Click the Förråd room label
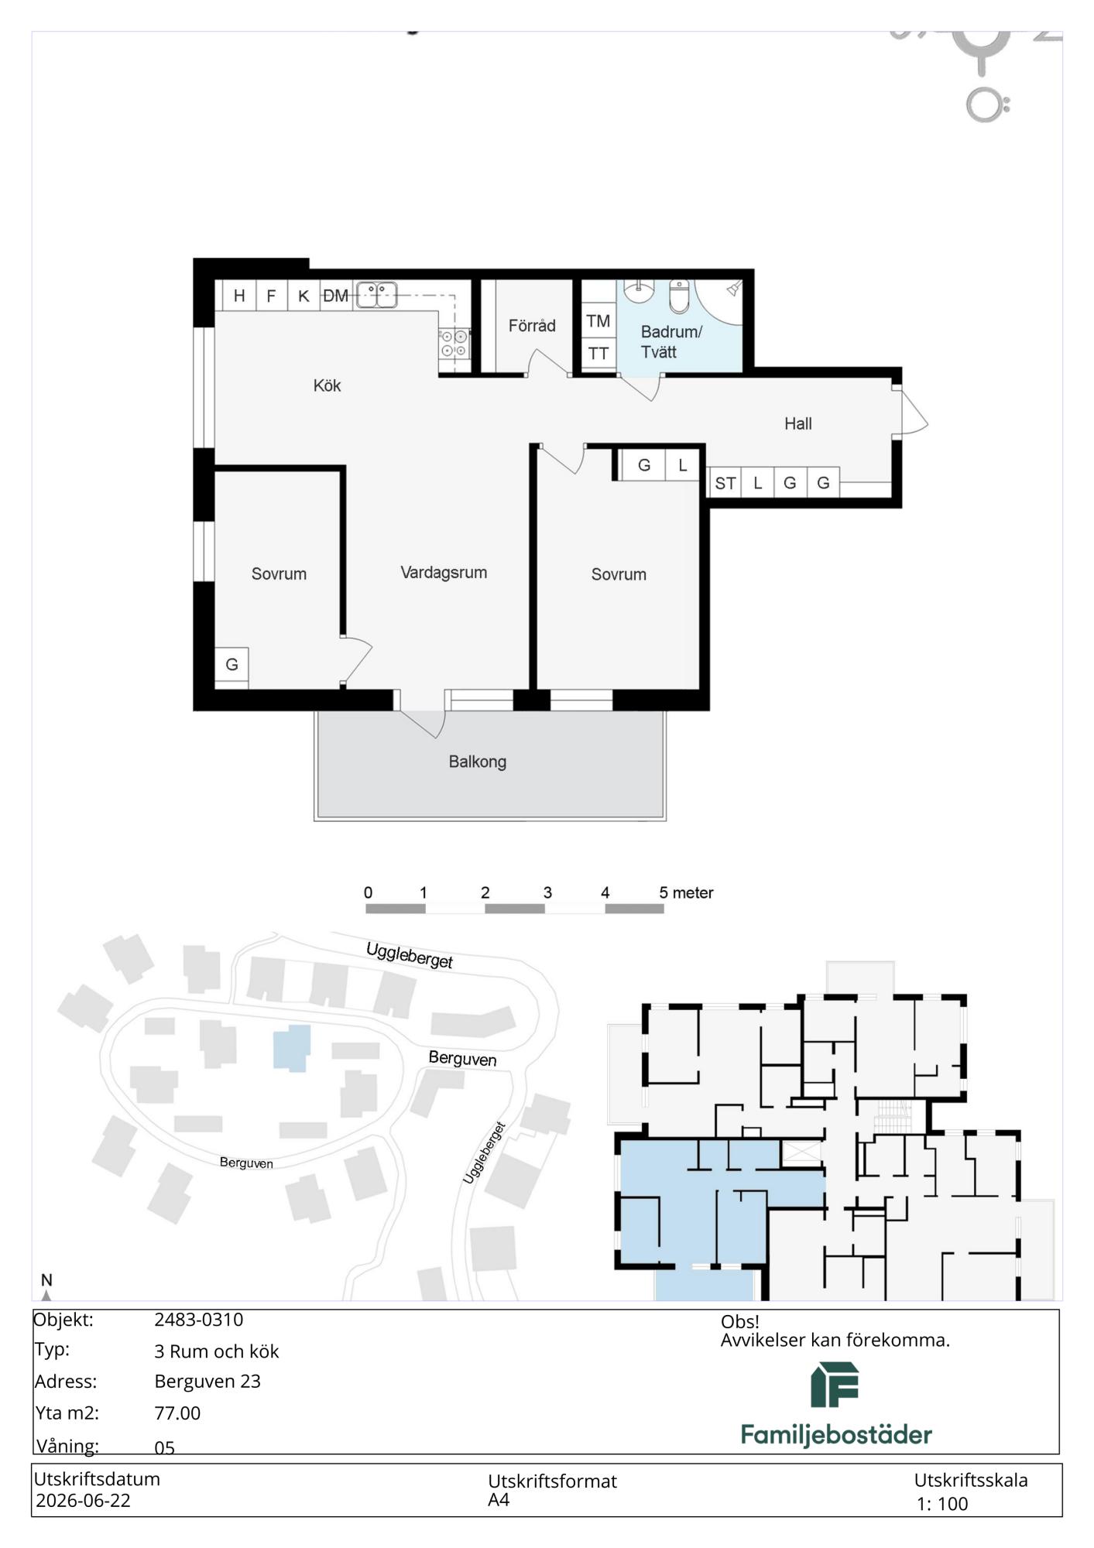click(532, 326)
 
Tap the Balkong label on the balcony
click(478, 762)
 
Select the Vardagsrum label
click(444, 573)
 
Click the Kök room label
click(327, 385)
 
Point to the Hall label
click(798, 423)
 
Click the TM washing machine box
click(598, 320)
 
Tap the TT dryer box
click(598, 354)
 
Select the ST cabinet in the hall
click(725, 483)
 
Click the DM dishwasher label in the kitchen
click(335, 296)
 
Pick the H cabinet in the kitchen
click(239, 295)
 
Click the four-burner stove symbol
click(454, 344)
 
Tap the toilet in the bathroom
click(679, 296)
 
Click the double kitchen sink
click(376, 295)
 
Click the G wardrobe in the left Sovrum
click(231, 665)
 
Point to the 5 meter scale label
click(686, 892)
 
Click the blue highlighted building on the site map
click(292, 1048)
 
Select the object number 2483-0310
click(199, 1320)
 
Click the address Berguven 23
click(207, 1381)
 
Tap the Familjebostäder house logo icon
click(835, 1385)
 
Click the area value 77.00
click(177, 1413)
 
